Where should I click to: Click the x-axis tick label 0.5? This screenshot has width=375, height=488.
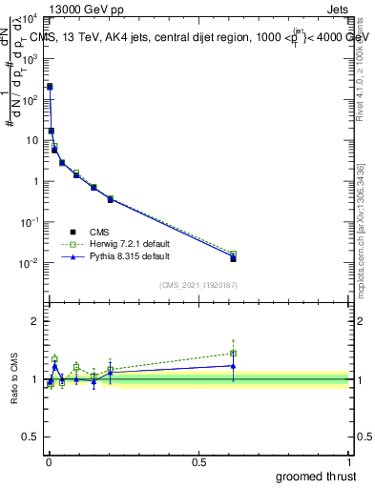(199, 462)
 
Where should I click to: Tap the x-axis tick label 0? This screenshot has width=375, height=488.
(49, 462)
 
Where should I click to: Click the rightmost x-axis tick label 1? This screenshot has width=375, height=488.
(350, 462)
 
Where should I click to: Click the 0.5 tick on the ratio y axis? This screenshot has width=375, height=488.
(31, 437)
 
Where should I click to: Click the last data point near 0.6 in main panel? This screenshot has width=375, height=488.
(234, 257)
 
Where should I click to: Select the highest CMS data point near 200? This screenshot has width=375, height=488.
(50, 87)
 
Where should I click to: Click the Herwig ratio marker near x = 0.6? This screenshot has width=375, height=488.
(234, 353)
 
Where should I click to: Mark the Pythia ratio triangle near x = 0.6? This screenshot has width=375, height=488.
(234, 365)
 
